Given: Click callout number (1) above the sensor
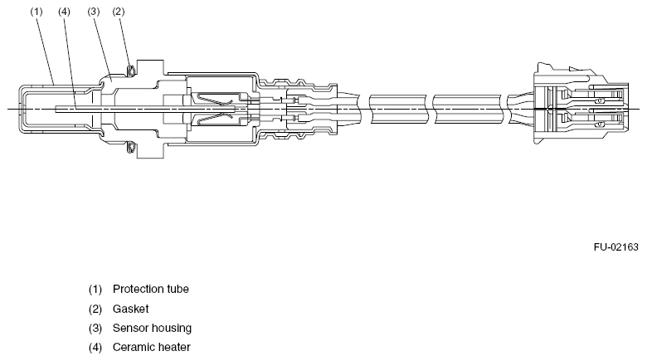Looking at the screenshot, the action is (x=36, y=12).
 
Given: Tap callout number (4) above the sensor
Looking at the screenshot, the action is (x=65, y=12).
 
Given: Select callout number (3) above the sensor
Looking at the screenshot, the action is (x=94, y=12).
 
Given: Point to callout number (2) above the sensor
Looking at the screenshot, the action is (x=119, y=12).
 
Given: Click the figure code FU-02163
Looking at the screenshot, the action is (x=615, y=247).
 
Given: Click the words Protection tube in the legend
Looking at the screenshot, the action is (x=151, y=289).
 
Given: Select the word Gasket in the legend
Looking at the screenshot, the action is (x=130, y=309).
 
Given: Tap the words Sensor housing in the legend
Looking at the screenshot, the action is (x=152, y=329).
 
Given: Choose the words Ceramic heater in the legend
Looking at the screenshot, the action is (x=152, y=348).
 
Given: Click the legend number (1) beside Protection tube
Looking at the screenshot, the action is (x=95, y=290).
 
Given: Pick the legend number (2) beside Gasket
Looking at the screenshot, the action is (x=95, y=309).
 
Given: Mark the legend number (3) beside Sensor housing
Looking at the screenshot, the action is (x=95, y=329).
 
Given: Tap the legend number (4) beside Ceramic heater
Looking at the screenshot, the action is (x=95, y=348).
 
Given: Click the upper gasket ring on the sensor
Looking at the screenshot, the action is (x=131, y=71).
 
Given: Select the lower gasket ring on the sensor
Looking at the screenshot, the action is (x=131, y=147).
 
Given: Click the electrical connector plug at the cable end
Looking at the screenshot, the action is (x=581, y=103).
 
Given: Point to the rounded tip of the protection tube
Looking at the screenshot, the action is (x=21, y=109).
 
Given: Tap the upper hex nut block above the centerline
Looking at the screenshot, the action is (x=150, y=68).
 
